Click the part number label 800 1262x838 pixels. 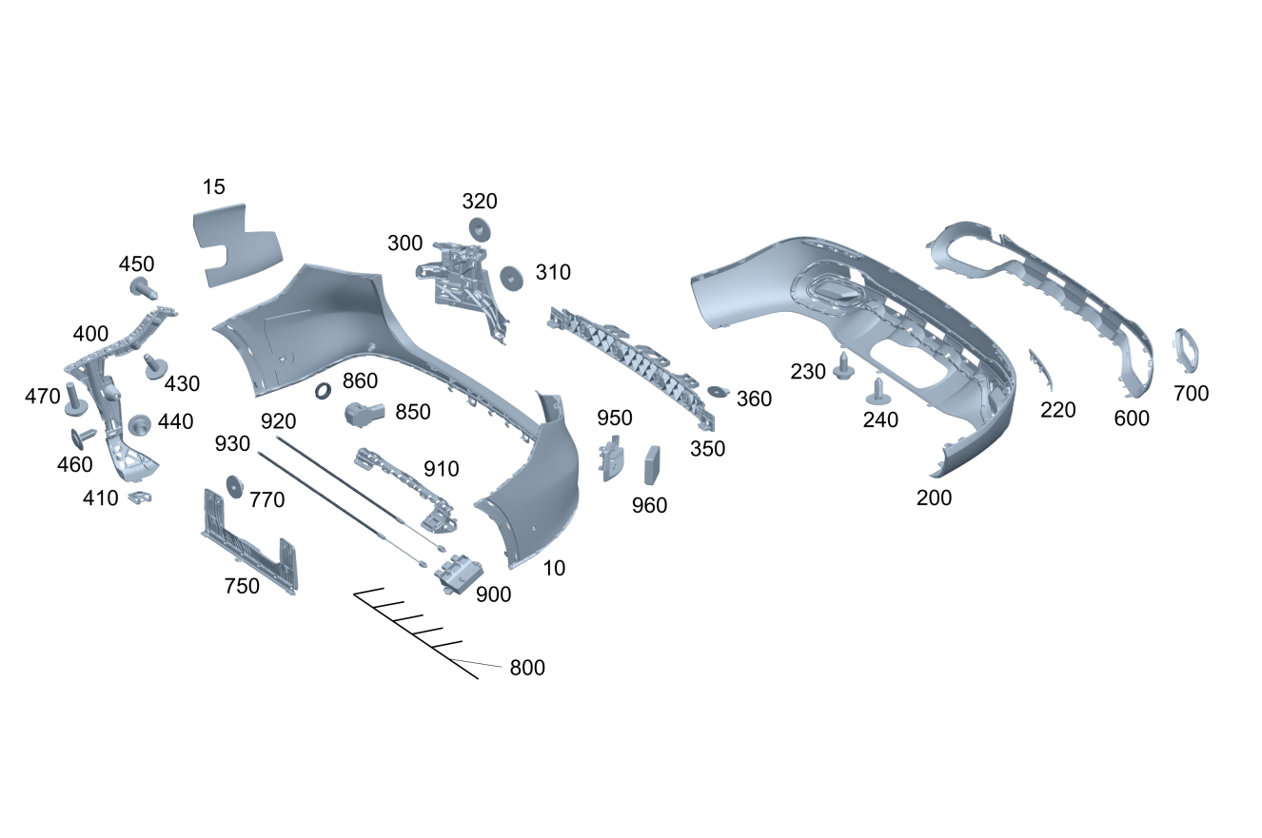point(527,668)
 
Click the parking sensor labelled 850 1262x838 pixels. point(363,414)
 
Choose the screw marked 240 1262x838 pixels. point(877,387)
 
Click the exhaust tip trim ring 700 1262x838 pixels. point(1187,350)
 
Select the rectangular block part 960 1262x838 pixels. point(653,465)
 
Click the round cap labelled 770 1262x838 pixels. point(232,485)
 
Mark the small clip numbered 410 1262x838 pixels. point(141,497)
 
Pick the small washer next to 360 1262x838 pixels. point(718,391)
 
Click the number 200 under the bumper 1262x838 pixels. point(934,497)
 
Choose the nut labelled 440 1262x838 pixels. point(141,424)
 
